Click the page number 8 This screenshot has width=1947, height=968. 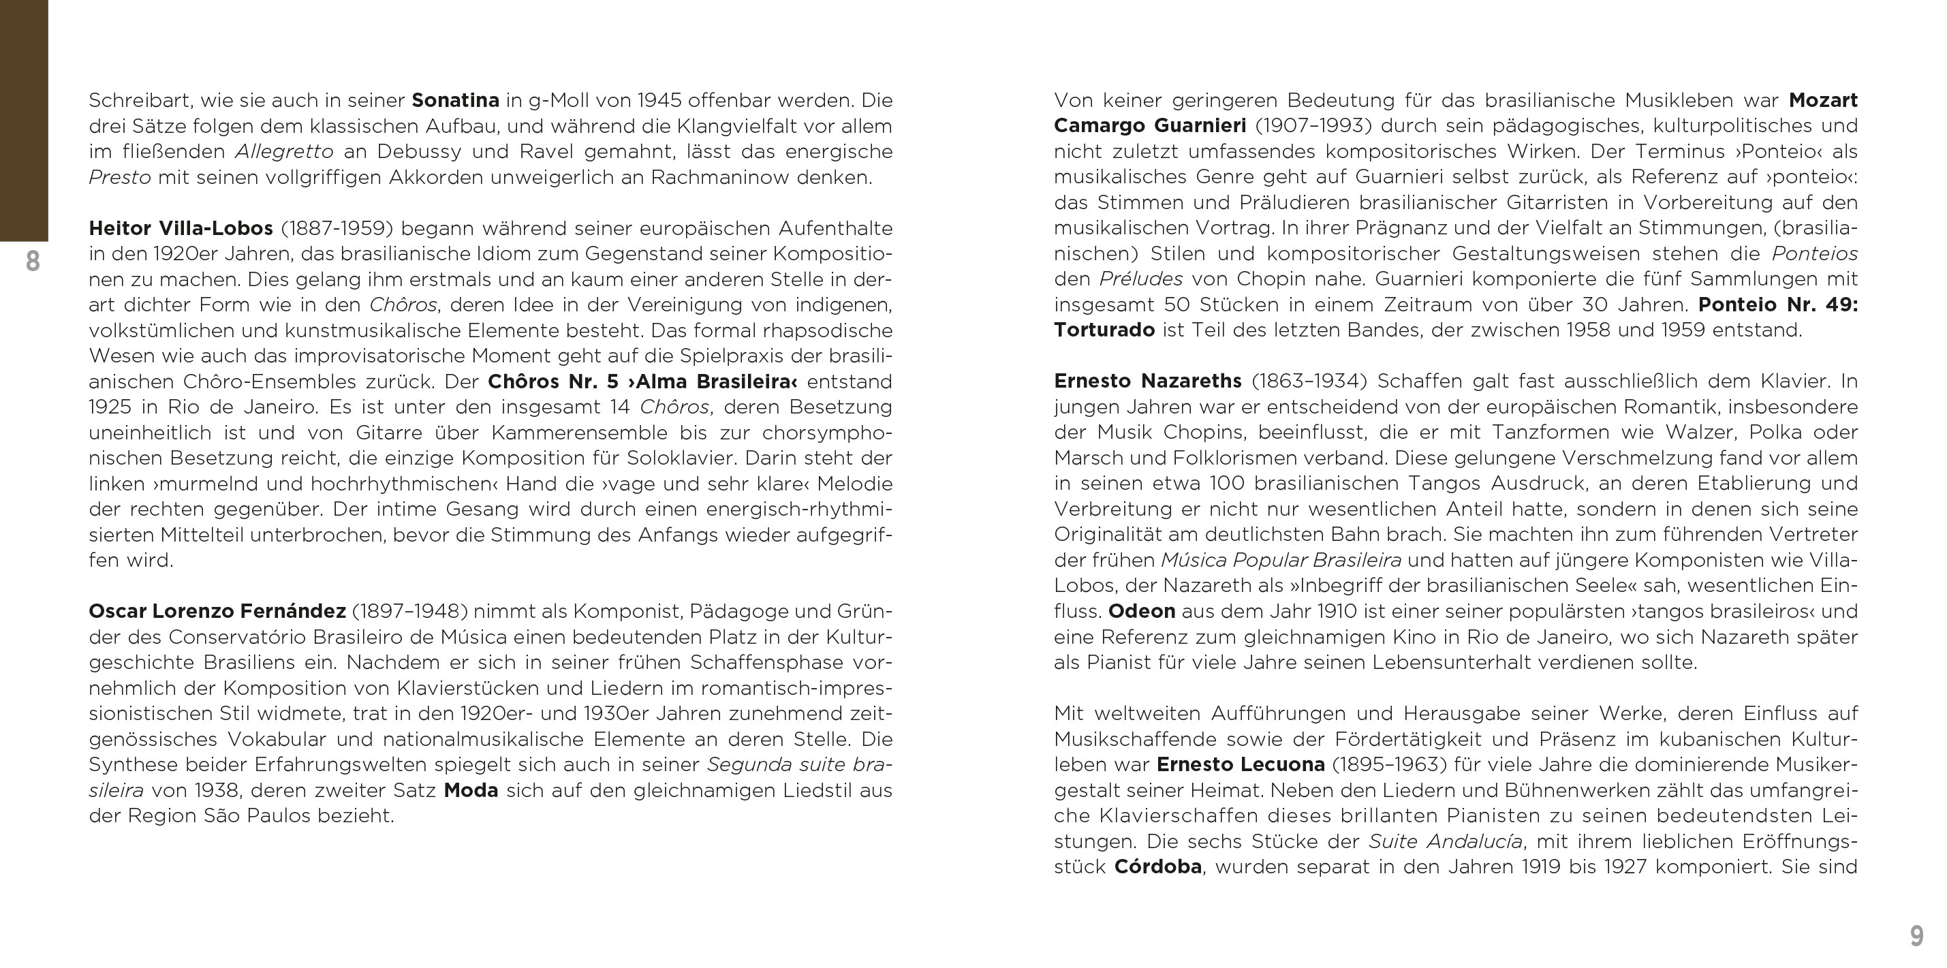coord(33,262)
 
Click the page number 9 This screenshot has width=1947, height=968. coord(1916,935)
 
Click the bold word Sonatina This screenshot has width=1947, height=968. coord(455,101)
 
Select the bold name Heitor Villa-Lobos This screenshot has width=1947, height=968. coord(181,228)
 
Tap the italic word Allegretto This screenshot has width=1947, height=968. coord(283,151)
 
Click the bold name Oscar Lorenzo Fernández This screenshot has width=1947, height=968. coord(217,610)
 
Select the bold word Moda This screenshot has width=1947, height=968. coord(471,790)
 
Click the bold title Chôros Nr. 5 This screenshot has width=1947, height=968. coord(552,381)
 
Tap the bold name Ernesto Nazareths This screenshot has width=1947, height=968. coord(1147,381)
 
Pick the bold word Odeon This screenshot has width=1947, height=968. coord(1141,610)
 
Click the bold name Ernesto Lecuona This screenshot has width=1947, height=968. coord(1241,765)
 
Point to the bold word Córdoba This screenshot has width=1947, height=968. coord(1158,866)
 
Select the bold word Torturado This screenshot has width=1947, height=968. coord(1104,330)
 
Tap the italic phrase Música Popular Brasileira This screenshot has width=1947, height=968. coord(1280,560)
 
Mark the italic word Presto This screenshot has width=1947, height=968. coord(119,177)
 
